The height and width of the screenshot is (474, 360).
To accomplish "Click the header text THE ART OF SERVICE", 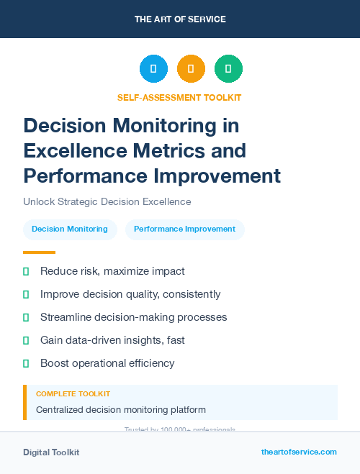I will (x=180, y=19).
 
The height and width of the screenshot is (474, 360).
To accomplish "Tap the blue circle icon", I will (x=153, y=68).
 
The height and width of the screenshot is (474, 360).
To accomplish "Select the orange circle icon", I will (x=191, y=68).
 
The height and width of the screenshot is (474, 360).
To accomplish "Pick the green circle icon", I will (x=228, y=68).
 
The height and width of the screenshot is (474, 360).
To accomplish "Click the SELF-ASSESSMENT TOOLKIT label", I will (x=179, y=97).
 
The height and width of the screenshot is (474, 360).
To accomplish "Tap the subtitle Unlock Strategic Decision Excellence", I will (x=107, y=201).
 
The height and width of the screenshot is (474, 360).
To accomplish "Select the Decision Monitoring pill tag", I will (x=70, y=229).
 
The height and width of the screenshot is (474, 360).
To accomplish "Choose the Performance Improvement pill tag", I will (x=184, y=229).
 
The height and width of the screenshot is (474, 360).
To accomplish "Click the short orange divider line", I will (x=39, y=252).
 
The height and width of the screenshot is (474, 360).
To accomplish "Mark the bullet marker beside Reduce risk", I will (x=26, y=271).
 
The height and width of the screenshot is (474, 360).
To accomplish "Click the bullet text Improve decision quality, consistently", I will (x=130, y=294).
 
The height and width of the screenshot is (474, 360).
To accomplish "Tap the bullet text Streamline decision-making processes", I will (x=133, y=317).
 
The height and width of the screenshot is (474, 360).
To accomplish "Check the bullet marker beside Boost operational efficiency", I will (x=26, y=363).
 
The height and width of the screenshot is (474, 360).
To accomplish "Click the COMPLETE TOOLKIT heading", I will (x=73, y=394).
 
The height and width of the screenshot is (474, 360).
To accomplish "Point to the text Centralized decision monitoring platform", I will (x=121, y=410).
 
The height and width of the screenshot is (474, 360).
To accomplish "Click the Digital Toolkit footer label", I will (x=51, y=452).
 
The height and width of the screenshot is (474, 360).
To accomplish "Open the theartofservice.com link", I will (x=299, y=452).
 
